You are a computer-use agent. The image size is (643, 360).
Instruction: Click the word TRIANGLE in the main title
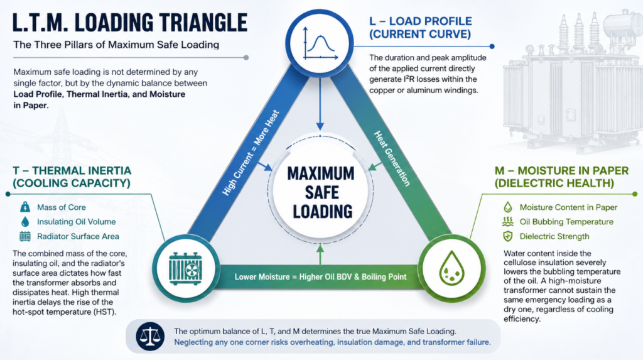[x=203, y=23]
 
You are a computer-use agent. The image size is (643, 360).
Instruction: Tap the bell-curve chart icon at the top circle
[x=320, y=44]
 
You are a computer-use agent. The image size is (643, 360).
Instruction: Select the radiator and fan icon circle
[x=185, y=269]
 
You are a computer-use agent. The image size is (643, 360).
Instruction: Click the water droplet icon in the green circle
[x=451, y=268]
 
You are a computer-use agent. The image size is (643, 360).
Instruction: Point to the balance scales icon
[x=149, y=336]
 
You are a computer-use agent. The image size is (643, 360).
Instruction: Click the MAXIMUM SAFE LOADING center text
[x=321, y=192]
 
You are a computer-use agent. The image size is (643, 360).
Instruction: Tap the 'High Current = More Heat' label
[x=251, y=153]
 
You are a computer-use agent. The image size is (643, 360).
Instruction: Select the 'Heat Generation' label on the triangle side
[x=391, y=158]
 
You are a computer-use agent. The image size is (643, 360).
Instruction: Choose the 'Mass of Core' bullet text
[x=62, y=207]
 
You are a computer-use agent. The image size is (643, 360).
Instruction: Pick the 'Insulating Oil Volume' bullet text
[x=76, y=222]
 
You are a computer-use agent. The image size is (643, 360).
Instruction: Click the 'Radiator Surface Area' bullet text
[x=78, y=236]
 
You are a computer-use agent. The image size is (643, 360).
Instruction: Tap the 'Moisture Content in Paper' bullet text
[x=568, y=207]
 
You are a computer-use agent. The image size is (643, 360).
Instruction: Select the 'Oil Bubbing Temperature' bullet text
[x=566, y=222]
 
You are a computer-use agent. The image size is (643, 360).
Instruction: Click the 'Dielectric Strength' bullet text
[x=554, y=236]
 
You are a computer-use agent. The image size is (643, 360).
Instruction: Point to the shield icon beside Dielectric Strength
[x=507, y=236]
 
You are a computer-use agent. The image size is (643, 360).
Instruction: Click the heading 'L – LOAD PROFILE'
[x=420, y=21]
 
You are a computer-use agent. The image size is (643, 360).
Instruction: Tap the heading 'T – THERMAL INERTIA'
[x=72, y=171]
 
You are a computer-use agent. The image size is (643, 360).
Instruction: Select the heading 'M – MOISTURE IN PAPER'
[x=561, y=171]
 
